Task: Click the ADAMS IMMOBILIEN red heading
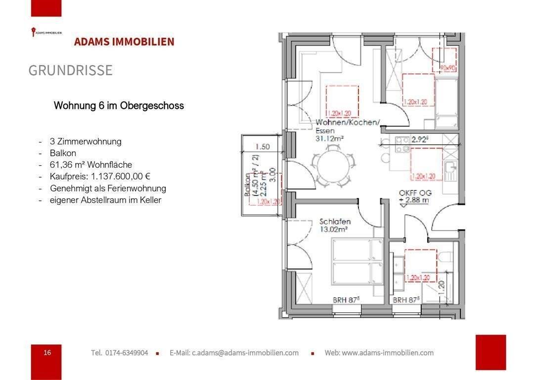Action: [124, 42]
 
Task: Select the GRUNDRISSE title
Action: [70, 71]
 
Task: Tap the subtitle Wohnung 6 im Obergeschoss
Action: [119, 106]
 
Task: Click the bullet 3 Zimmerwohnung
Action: [85, 142]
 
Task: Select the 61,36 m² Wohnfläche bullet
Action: [91, 165]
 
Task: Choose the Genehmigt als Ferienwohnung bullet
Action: [108, 189]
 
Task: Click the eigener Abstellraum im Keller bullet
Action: [105, 200]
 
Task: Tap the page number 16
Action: [47, 353]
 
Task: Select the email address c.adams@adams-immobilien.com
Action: [234, 353]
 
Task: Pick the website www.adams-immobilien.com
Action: [379, 353]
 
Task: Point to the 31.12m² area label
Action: [330, 139]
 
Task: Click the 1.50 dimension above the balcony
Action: [263, 146]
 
